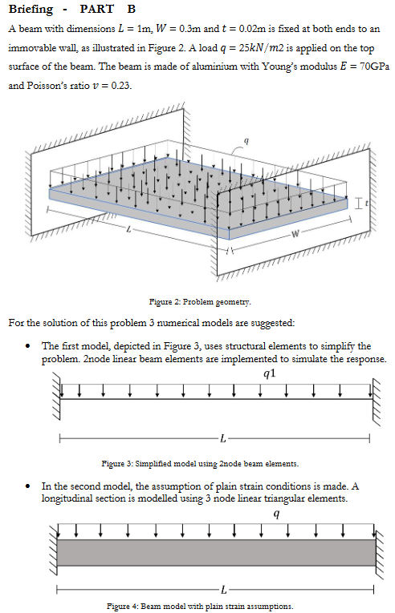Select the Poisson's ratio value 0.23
pos(115,86)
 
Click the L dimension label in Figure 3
pos(222,438)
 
